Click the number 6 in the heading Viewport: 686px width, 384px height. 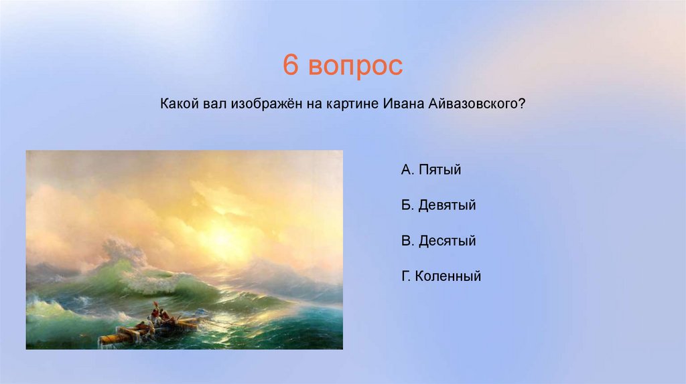(291, 65)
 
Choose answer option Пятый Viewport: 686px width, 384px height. (439, 169)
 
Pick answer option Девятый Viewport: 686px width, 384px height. (447, 205)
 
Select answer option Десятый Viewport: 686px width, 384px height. (447, 241)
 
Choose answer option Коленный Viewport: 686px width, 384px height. (448, 276)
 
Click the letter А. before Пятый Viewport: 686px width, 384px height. (407, 169)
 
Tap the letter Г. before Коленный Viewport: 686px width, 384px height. (405, 276)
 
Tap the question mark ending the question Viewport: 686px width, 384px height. (521, 104)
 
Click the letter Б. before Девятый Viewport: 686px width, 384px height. (407, 205)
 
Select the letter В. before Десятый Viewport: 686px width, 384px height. (407, 241)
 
